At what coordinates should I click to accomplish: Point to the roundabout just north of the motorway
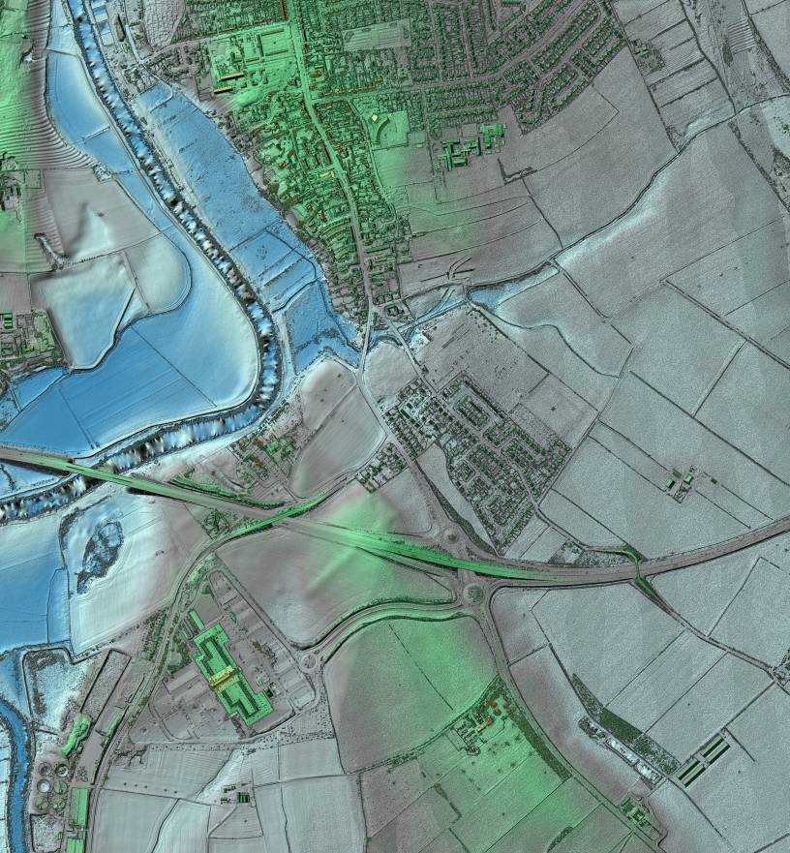tap(452, 534)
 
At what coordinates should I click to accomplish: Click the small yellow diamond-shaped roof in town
tap(376, 118)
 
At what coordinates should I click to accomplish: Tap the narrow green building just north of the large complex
tap(197, 618)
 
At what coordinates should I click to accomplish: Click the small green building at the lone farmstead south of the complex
tap(242, 797)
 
